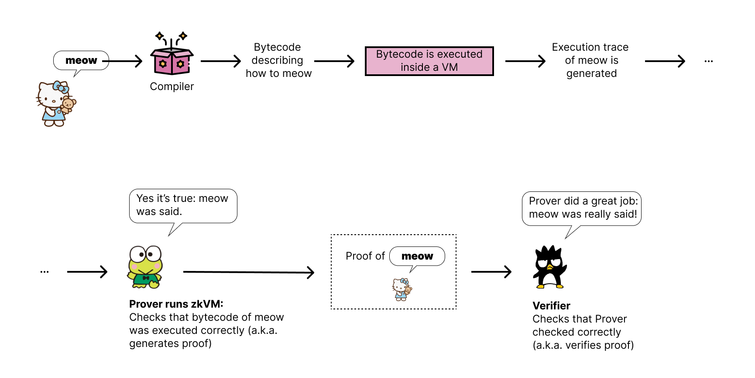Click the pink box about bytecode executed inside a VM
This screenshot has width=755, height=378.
tap(429, 61)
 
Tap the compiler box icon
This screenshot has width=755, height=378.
tap(172, 59)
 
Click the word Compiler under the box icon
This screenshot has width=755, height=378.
tap(172, 87)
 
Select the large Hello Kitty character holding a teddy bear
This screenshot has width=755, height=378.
tap(55, 104)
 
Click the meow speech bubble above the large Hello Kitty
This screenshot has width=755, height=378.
tap(81, 60)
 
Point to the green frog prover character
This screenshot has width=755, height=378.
tap(145, 267)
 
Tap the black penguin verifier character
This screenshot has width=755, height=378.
tap(549, 267)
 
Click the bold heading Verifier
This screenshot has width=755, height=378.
tap(551, 306)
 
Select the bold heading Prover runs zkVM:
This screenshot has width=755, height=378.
tap(176, 304)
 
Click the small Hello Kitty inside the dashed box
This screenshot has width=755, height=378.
tap(402, 289)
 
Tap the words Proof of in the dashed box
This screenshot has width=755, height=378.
tap(365, 256)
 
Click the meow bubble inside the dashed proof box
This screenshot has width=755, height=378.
tap(417, 256)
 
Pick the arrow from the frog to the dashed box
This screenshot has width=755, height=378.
tap(248, 272)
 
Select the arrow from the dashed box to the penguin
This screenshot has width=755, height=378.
tap(491, 272)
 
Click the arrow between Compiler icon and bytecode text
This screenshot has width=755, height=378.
tap(220, 61)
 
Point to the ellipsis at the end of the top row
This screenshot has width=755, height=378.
tap(708, 61)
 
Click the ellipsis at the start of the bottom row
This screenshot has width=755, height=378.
tap(45, 272)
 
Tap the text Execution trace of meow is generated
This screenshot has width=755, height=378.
tap(591, 60)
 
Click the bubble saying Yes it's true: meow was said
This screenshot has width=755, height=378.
tap(183, 205)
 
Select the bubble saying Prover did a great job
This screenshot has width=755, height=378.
tap(582, 208)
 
